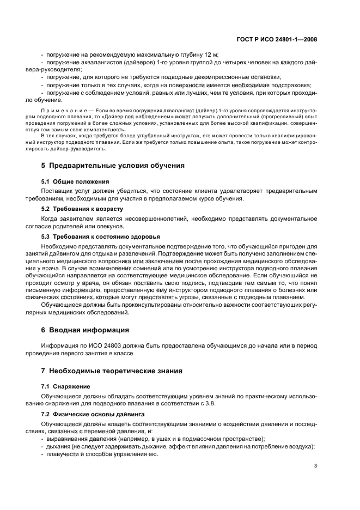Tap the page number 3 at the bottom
click(x=315, y=466)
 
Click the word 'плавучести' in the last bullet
click(x=63, y=454)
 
